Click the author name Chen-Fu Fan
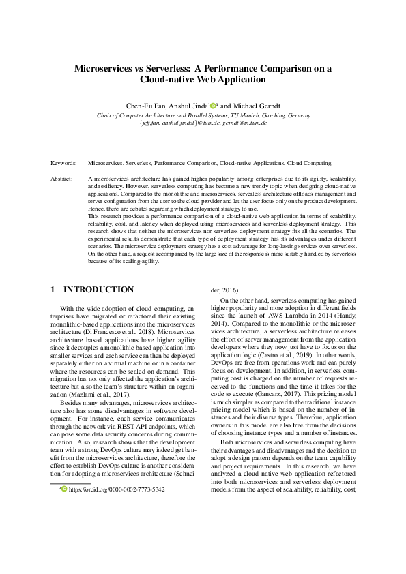pos(145,106)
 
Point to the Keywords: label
pos(64,164)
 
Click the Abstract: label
pos(62,178)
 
